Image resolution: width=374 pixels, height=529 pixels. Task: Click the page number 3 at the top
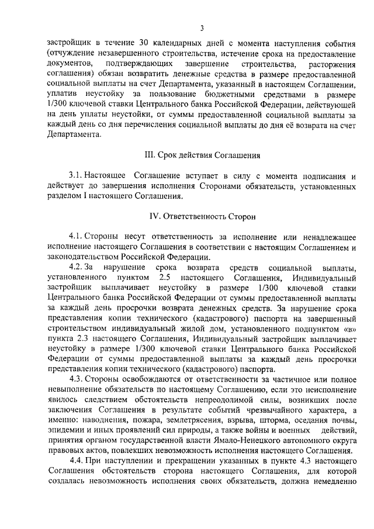[x=201, y=27]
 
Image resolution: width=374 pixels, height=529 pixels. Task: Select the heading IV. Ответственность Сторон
[x=202, y=216]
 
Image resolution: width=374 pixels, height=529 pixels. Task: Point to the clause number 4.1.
[x=76, y=236]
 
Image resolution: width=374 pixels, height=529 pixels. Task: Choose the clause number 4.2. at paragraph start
[x=76, y=267]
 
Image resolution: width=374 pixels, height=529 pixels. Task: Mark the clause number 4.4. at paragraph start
[x=76, y=461]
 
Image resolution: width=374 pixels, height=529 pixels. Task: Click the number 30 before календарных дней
[x=145, y=43]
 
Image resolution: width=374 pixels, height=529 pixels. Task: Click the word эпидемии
[x=64, y=431]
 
